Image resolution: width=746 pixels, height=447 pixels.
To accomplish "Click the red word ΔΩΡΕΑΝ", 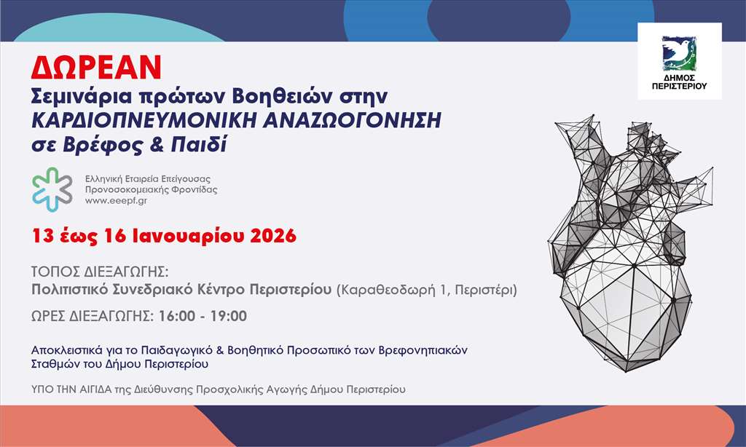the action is (x=96, y=68).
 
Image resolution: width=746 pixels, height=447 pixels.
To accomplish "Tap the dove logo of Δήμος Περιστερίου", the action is (x=680, y=53).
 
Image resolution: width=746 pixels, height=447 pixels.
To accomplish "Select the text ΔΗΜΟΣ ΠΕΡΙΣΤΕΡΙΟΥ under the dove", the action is (x=680, y=82).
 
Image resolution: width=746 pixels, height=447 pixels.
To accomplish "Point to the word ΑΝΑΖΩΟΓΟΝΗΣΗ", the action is (x=353, y=120).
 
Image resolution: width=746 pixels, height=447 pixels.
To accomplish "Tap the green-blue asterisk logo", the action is (x=52, y=189).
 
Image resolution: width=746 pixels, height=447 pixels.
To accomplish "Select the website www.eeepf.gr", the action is (x=116, y=201).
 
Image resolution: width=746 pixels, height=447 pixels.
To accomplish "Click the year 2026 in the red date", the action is (x=273, y=236).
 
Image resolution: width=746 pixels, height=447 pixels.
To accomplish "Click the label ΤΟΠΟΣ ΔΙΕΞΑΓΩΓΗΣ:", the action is (x=100, y=272).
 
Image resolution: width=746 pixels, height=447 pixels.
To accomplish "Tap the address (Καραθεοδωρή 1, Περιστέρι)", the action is (x=427, y=290).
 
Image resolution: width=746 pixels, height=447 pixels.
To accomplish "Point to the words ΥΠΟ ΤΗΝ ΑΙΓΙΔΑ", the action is (x=72, y=389).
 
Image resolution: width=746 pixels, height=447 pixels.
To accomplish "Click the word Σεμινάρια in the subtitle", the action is (x=81, y=97).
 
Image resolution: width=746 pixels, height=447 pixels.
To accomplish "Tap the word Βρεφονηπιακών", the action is (x=423, y=350).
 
